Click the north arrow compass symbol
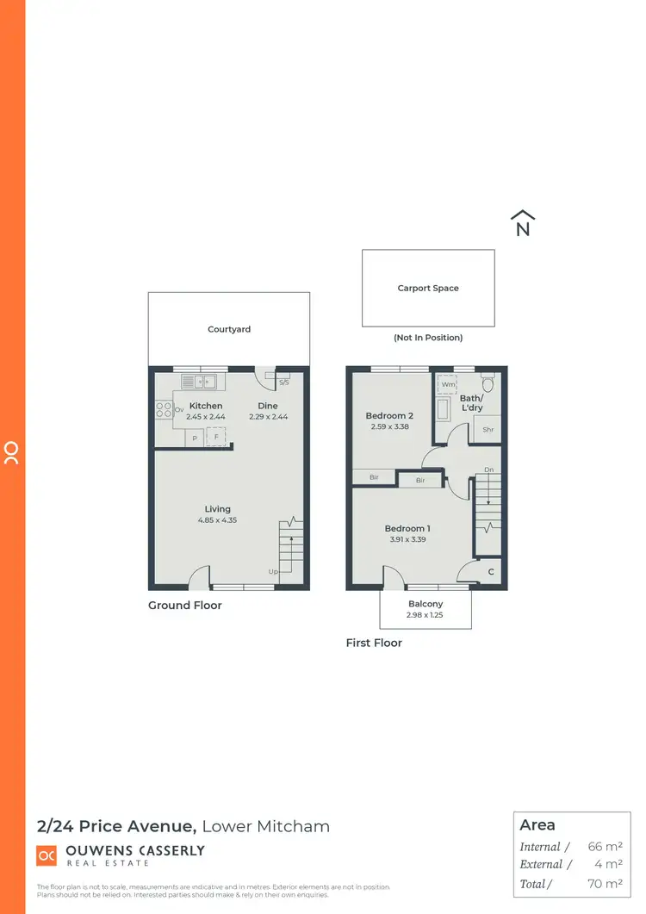click(523, 223)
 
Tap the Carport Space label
click(428, 289)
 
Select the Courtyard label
click(229, 329)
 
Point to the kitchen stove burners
click(164, 409)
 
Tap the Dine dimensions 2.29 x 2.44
click(268, 417)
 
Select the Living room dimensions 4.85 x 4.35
click(217, 520)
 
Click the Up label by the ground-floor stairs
click(274, 571)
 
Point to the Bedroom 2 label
click(391, 415)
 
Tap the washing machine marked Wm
click(448, 385)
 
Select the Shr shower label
click(488, 430)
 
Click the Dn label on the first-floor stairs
click(488, 469)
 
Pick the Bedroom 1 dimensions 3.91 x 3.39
click(407, 540)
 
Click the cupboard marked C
click(491, 572)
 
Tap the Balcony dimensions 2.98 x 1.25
click(425, 616)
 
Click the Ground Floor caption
click(185, 606)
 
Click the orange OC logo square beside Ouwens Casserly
click(46, 855)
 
